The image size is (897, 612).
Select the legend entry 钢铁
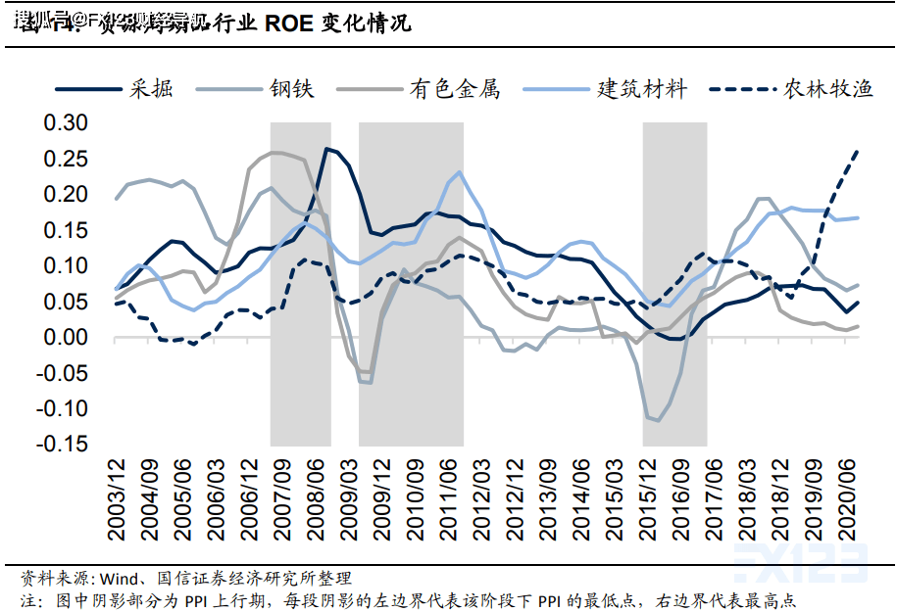tap(292, 88)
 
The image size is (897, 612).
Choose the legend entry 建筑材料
tap(643, 88)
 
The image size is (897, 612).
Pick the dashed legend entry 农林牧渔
tap(828, 88)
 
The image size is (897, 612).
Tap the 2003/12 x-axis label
tap(117, 502)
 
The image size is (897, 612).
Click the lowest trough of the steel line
tap(657, 421)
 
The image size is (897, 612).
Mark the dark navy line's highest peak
tap(326, 149)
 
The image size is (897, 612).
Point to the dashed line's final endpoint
tap(859, 151)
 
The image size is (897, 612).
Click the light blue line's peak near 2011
tap(459, 172)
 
